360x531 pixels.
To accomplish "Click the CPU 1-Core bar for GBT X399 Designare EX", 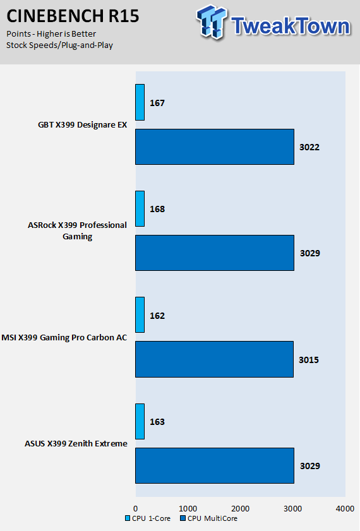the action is pyautogui.click(x=140, y=102).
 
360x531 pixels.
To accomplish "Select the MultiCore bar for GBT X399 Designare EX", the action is pyautogui.click(x=215, y=146).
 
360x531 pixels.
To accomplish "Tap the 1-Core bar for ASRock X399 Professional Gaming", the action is pyautogui.click(x=140, y=208).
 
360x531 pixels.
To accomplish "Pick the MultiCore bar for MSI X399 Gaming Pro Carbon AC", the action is pyautogui.click(x=214, y=359).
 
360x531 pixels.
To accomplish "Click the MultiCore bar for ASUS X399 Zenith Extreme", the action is pyautogui.click(x=215, y=465).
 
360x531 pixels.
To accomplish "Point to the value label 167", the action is pyautogui.click(x=157, y=103).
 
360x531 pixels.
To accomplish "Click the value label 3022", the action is pyautogui.click(x=309, y=147).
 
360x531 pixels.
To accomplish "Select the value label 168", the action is pyautogui.click(x=157, y=209).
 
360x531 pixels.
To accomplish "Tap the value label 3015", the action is pyautogui.click(x=308, y=360).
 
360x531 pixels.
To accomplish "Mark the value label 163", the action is pyautogui.click(x=157, y=422).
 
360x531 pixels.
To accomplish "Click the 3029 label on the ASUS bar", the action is pyautogui.click(x=310, y=466).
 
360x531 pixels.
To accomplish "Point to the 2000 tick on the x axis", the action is pyautogui.click(x=240, y=508).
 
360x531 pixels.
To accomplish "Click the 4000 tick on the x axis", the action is pyautogui.click(x=345, y=508).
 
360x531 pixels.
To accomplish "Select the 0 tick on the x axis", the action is pyautogui.click(x=135, y=508).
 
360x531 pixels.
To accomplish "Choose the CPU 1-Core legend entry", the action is pyautogui.click(x=148, y=518).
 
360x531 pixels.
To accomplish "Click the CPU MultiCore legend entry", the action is pyautogui.click(x=209, y=518).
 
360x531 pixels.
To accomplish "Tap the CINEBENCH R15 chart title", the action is pyautogui.click(x=73, y=16).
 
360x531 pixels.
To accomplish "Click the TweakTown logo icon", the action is pyautogui.click(x=212, y=22).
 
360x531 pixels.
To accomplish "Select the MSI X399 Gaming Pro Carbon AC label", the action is pyautogui.click(x=64, y=338).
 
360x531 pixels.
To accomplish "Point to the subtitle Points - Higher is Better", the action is pyautogui.click(x=51, y=34).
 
